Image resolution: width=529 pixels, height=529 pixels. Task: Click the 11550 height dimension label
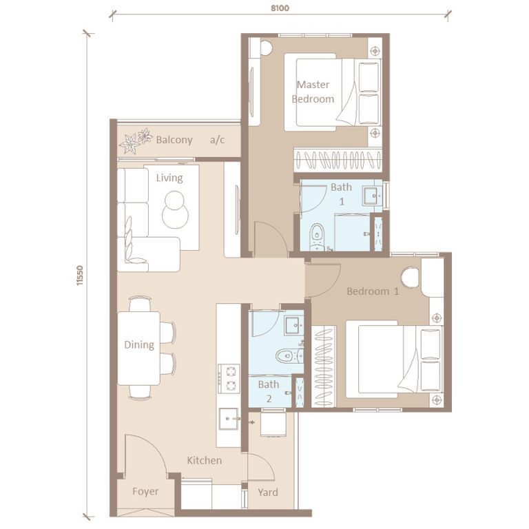tap(81, 276)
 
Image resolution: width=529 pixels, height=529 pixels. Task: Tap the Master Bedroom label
tap(313, 92)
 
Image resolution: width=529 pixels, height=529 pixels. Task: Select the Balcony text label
tap(174, 140)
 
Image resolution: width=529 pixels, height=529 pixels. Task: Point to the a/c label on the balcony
tap(218, 140)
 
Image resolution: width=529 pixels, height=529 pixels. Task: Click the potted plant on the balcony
tap(135, 140)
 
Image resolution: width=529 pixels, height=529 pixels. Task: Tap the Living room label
tap(169, 178)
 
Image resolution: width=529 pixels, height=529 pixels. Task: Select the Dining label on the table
tap(138, 344)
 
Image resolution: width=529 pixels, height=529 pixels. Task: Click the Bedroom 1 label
tap(373, 291)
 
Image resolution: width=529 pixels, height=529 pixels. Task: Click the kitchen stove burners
tap(228, 378)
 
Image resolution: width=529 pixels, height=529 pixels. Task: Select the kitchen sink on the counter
tap(228, 417)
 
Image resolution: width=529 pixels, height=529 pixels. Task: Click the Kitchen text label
tap(205, 460)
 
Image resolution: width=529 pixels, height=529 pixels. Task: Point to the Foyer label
tap(145, 492)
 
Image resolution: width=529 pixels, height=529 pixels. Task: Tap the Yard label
tap(268, 492)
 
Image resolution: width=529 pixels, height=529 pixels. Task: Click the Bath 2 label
tap(268, 391)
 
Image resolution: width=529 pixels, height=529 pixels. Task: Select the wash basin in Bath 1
tap(372, 195)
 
